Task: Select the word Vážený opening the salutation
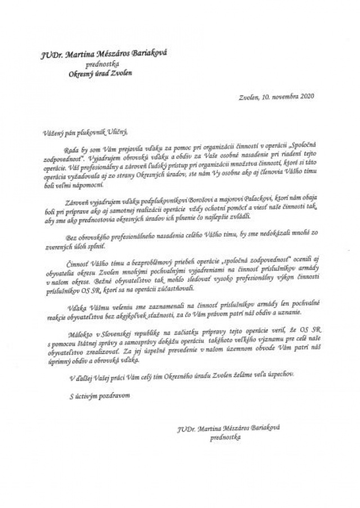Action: [54, 133]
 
